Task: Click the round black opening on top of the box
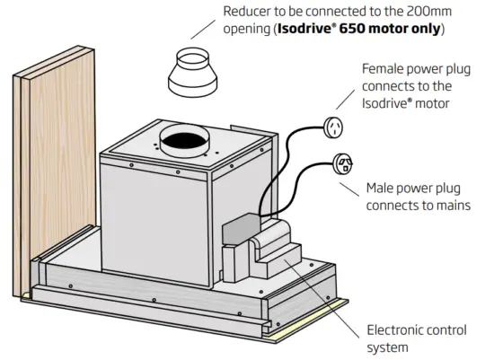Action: click(182, 141)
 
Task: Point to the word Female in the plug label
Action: click(385, 69)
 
